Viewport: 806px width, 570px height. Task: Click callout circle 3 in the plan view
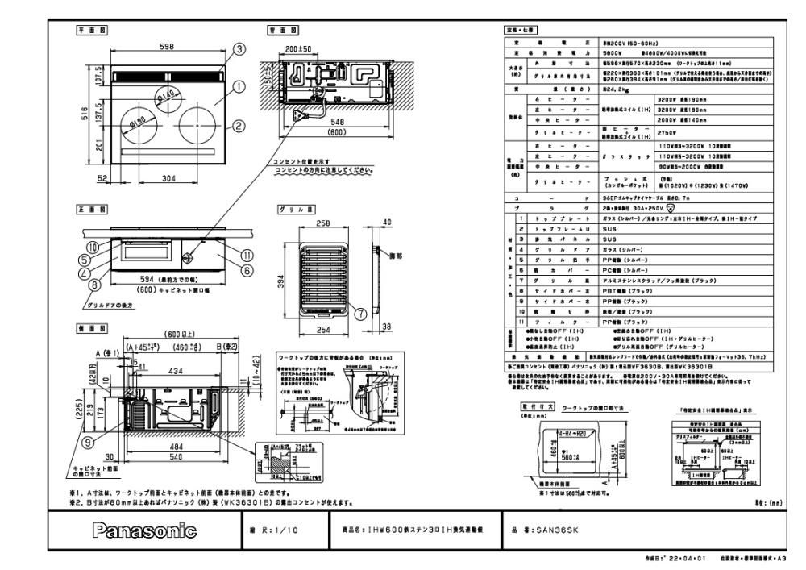[x=239, y=49]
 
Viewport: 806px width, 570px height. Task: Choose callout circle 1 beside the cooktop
[x=239, y=84]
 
